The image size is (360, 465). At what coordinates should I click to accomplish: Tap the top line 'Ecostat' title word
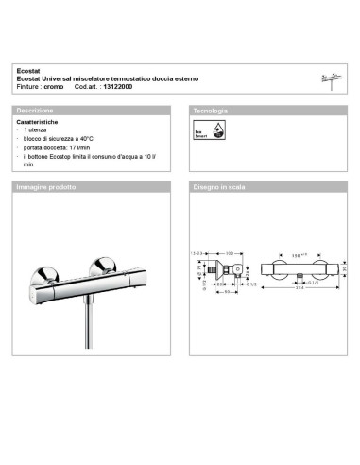[27, 70]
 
